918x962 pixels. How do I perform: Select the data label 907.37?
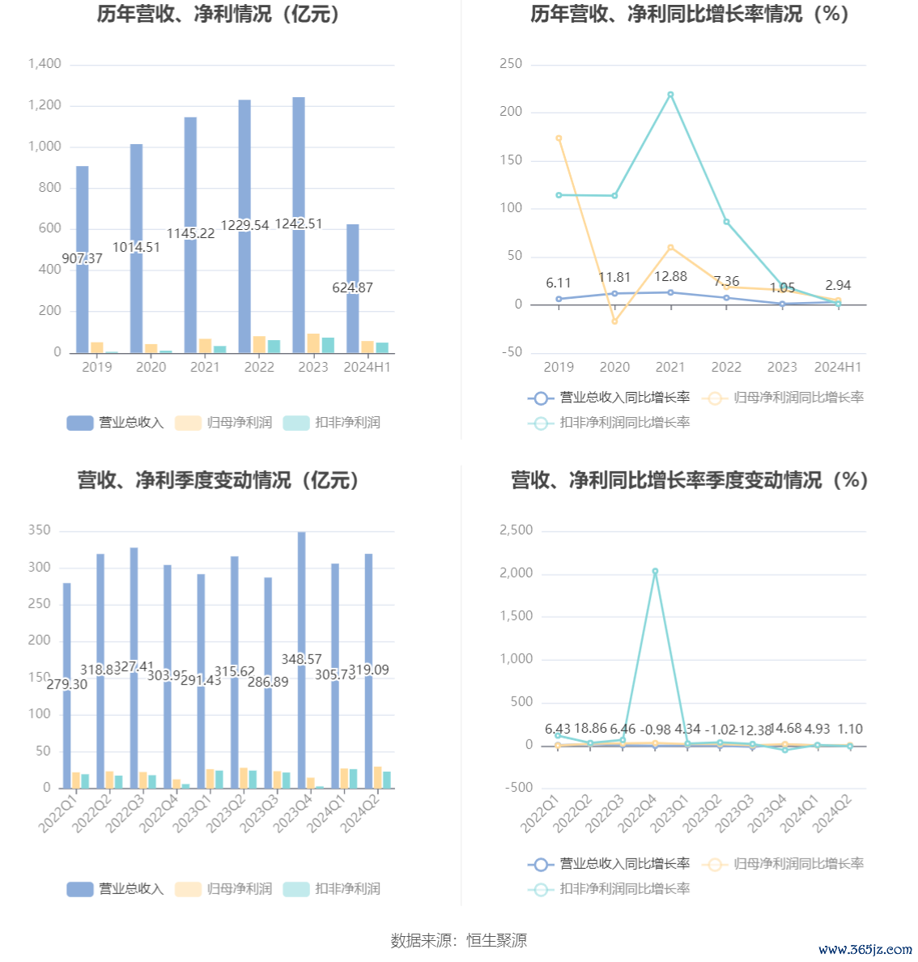coord(82,258)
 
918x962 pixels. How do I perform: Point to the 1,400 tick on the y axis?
coord(45,64)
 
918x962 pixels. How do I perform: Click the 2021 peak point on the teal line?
coord(670,95)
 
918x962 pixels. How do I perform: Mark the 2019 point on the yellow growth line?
coord(559,138)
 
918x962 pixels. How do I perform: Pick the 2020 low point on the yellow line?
coord(614,321)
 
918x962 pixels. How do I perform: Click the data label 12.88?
coord(670,277)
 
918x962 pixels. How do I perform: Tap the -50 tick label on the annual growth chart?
coord(511,352)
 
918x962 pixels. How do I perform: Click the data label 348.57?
coord(301,659)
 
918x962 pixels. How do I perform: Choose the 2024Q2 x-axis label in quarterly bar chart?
coord(358,813)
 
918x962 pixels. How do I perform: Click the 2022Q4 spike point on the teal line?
coord(655,572)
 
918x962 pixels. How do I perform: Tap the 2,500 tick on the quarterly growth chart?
coord(516,530)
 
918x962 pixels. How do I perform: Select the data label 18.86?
coord(590,729)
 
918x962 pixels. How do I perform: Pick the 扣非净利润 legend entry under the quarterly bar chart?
coord(333,889)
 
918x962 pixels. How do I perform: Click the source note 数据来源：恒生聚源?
coord(458,940)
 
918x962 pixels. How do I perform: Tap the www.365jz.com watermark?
coord(865,949)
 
